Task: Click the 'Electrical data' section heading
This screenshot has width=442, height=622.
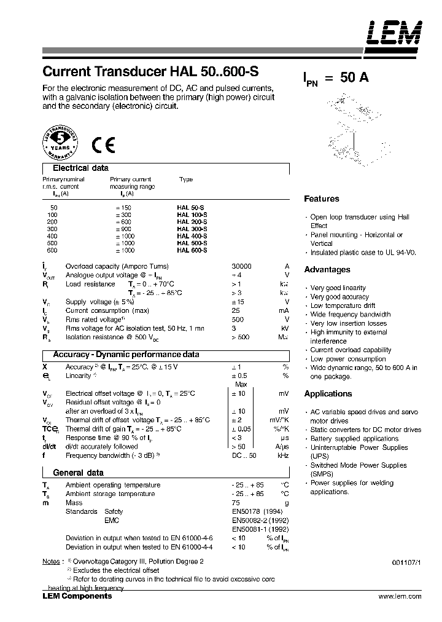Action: pyautogui.click(x=80, y=168)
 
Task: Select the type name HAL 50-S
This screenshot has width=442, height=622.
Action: pyautogui.click(x=192, y=208)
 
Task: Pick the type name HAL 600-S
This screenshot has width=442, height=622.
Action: pyautogui.click(x=192, y=251)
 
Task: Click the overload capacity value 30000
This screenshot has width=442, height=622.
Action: pyautogui.click(x=241, y=266)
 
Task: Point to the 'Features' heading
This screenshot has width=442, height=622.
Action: pyautogui.click(x=322, y=199)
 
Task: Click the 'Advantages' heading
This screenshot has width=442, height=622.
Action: pyautogui.click(x=327, y=269)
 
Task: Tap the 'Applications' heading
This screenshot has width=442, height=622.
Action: pyautogui.click(x=328, y=393)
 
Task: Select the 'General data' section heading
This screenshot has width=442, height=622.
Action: pyautogui.click(x=78, y=473)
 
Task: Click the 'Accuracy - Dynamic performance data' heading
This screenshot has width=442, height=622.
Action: pyautogui.click(x=126, y=355)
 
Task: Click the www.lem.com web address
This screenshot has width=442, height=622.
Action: pyautogui.click(x=400, y=596)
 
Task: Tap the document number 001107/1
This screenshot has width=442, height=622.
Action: pyautogui.click(x=406, y=562)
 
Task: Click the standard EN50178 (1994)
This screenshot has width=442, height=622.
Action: pyautogui.click(x=257, y=511)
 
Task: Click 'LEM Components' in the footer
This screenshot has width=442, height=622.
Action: pyautogui.click(x=77, y=596)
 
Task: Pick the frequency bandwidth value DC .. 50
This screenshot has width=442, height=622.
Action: pyautogui.click(x=244, y=455)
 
